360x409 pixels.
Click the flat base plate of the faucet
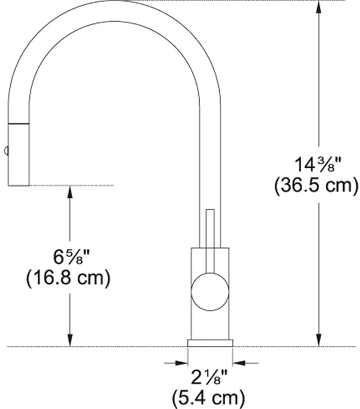click(210, 342)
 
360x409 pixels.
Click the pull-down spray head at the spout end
click(19, 153)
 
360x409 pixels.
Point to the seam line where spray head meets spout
click(19, 123)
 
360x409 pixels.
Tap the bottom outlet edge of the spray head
click(19, 185)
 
